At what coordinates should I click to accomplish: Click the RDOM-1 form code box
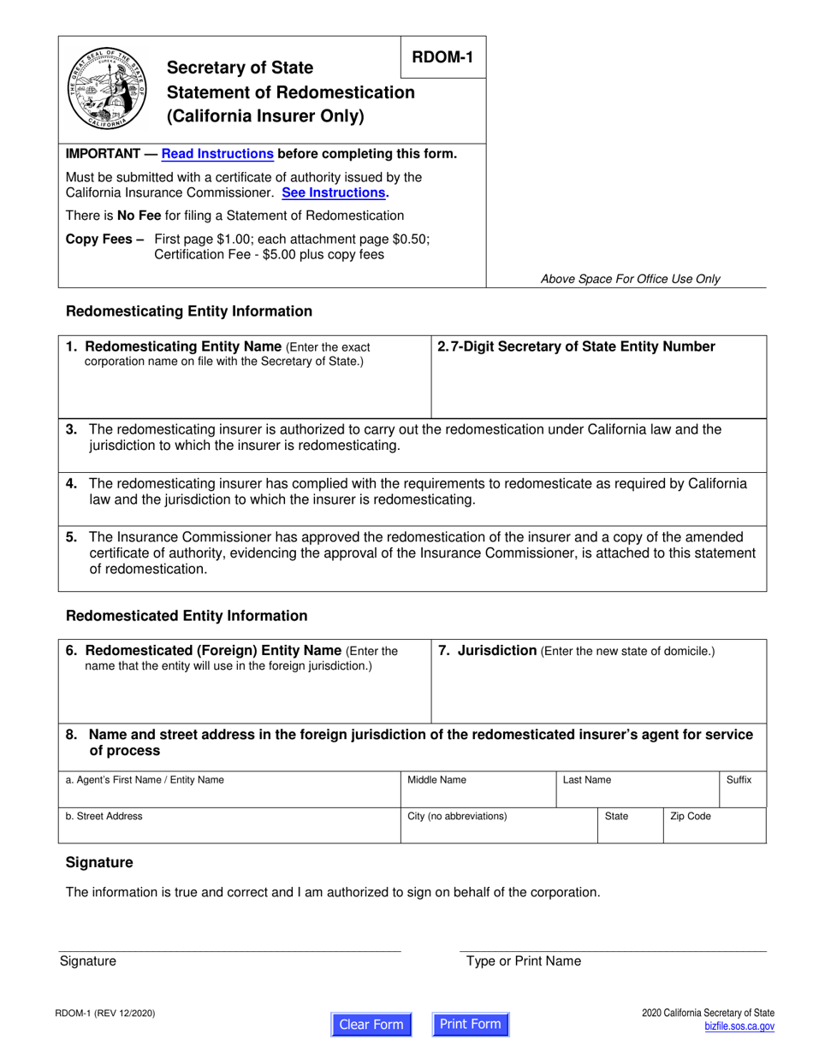[443, 57]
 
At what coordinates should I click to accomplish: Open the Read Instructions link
[217, 154]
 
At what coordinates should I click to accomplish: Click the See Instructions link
[335, 192]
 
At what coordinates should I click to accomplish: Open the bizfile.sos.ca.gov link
[739, 1026]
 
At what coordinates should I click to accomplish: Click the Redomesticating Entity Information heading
[189, 311]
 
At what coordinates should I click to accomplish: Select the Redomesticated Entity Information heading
[187, 616]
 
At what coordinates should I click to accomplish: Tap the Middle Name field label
[436, 780]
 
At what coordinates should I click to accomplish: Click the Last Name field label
[586, 780]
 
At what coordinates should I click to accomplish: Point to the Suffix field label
[739, 780]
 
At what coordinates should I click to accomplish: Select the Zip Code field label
[690, 816]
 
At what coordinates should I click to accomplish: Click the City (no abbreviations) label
[457, 816]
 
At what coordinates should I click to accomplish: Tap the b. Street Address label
[104, 816]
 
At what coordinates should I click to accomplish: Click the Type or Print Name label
[523, 960]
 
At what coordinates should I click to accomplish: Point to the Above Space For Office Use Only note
[630, 279]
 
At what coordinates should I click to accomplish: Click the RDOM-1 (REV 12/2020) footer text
[106, 1014]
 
